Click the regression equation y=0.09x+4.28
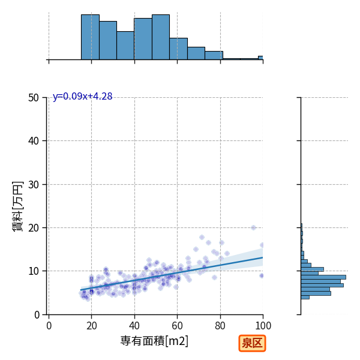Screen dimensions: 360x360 (83, 96)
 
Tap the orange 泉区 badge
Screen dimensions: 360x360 (252, 343)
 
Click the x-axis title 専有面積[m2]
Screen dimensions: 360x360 (154, 341)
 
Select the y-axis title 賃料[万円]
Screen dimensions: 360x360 (18, 206)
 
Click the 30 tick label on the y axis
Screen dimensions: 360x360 (34, 184)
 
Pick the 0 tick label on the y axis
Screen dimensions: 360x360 (37, 314)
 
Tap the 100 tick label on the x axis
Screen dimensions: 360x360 (263, 326)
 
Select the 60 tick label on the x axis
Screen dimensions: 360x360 (177, 326)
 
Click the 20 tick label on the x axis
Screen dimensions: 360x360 (91, 326)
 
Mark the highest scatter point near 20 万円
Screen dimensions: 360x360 (253, 228)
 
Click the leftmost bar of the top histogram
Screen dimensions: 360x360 (90, 37)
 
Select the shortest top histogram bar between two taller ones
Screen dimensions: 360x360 (125, 46)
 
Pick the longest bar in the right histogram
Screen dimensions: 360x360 (323, 277)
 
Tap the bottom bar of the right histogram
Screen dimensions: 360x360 (305, 297)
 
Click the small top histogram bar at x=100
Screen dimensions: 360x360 (260, 58)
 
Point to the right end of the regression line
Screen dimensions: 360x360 (263, 257)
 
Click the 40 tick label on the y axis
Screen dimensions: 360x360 (34, 141)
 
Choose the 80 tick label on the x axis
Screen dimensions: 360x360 (220, 326)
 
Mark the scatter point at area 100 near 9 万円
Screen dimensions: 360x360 (261, 275)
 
